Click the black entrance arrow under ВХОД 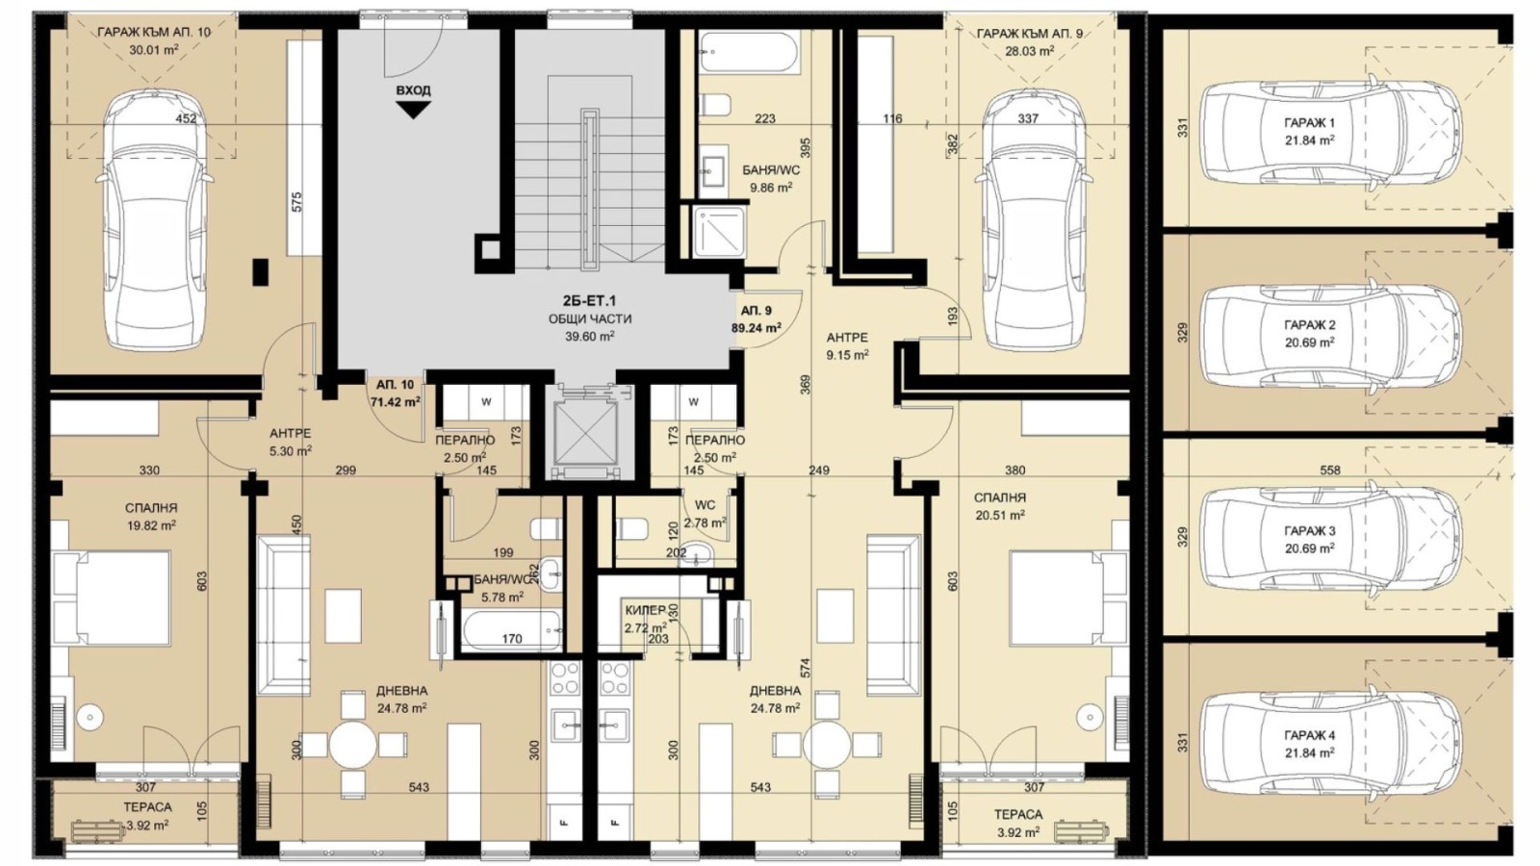(413, 110)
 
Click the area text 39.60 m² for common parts (590, 336)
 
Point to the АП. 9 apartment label (757, 311)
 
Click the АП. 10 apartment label (396, 385)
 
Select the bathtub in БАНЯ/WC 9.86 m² (749, 52)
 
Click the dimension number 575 (296, 201)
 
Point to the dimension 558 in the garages (1330, 471)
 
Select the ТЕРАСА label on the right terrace (1017, 814)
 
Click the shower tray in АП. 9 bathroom (719, 232)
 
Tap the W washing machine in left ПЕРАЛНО (486, 403)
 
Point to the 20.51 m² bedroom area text (1000, 515)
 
